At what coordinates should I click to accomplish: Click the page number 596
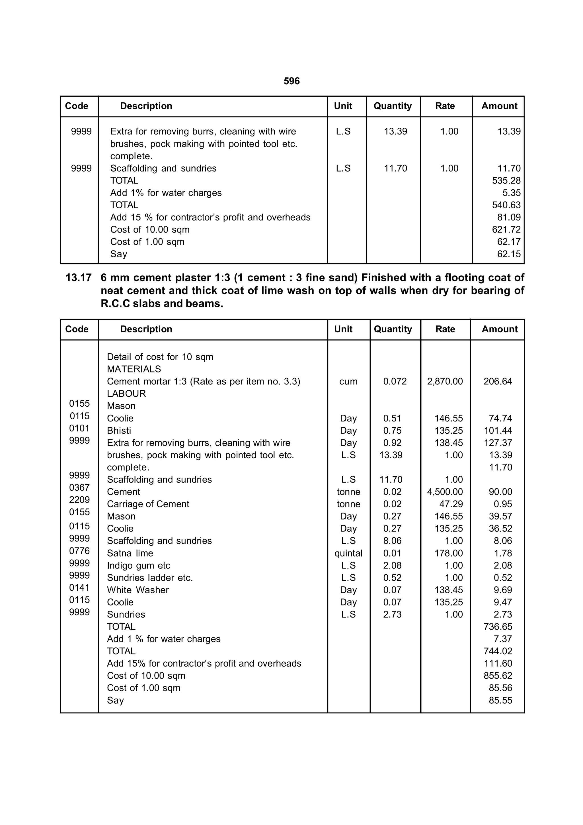[x=291, y=81]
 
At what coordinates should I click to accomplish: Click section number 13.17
[x=78, y=278]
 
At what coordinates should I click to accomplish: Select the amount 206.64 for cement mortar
[x=498, y=381]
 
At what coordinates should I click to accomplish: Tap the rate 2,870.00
[x=445, y=381]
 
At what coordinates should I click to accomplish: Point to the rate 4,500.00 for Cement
[x=445, y=492]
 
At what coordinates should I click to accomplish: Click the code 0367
[x=79, y=487]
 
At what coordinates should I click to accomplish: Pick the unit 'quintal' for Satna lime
[x=348, y=553]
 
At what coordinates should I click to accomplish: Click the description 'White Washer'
[x=138, y=590]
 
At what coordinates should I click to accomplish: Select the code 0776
[x=79, y=551]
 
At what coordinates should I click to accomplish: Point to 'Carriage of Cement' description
[x=148, y=504]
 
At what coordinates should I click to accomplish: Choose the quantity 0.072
[x=395, y=381]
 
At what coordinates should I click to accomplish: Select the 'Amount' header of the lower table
[x=499, y=329]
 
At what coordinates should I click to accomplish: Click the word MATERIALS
[x=134, y=369]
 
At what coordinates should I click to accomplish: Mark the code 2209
[x=79, y=500]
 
